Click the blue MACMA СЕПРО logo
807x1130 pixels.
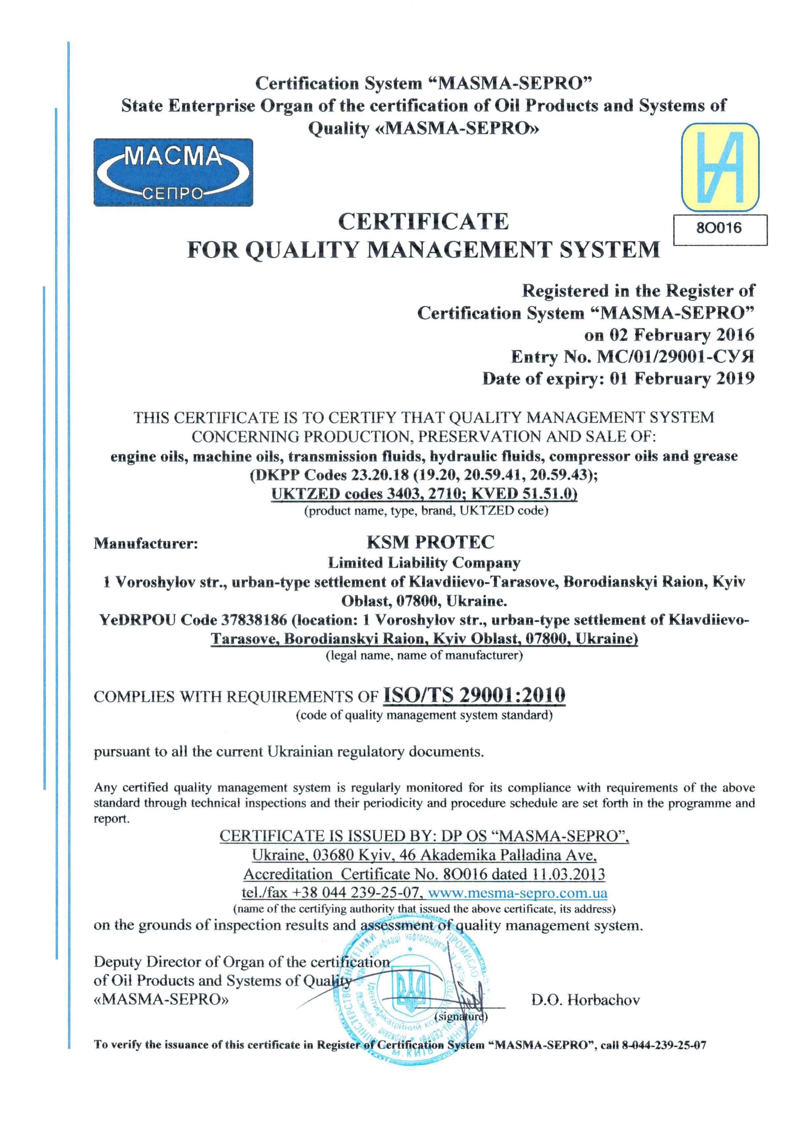(173, 172)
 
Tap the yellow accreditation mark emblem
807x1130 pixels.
(720, 167)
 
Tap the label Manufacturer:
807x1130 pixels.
(146, 543)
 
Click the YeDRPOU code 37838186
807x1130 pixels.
(254, 620)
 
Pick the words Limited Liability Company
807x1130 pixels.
(424, 563)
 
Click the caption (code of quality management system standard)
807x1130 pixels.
(424, 715)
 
